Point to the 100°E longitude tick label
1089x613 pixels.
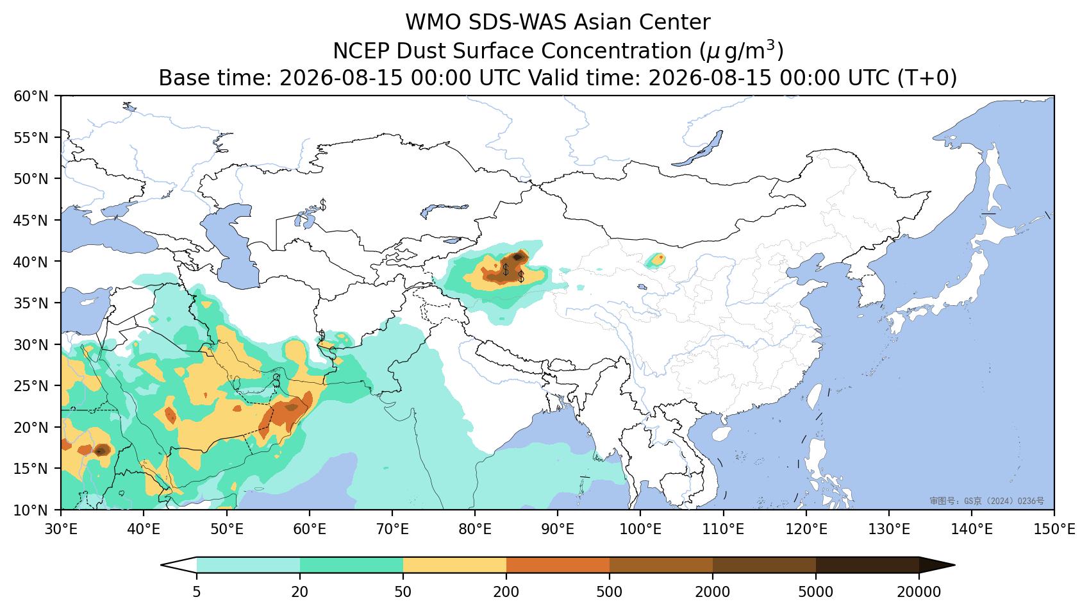click(640, 529)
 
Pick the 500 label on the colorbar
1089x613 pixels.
click(609, 592)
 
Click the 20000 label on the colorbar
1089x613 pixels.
click(919, 592)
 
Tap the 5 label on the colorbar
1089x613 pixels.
click(196, 592)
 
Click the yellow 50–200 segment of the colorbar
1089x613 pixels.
click(454, 566)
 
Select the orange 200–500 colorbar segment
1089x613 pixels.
click(558, 566)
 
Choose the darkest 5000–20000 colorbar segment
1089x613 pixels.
click(867, 566)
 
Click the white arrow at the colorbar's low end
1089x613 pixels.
click(179, 566)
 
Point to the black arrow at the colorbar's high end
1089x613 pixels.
click(937, 566)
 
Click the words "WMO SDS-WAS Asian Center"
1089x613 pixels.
click(558, 22)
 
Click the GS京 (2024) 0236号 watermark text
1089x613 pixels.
click(986, 501)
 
